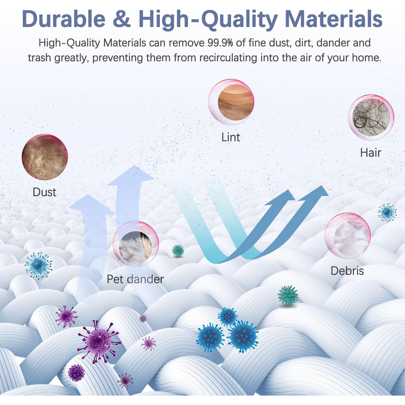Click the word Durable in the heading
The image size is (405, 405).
(64, 18)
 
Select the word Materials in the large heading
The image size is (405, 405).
(333, 18)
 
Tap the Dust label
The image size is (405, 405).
(44, 192)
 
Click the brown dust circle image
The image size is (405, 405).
(45, 157)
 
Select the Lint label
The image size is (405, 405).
(231, 137)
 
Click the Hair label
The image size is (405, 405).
(370, 153)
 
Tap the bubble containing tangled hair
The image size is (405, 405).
(371, 117)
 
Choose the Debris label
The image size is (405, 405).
(347, 271)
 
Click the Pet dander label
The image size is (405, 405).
(135, 279)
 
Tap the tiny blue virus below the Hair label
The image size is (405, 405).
(387, 212)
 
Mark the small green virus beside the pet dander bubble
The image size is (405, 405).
(178, 251)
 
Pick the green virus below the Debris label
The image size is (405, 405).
(288, 296)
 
